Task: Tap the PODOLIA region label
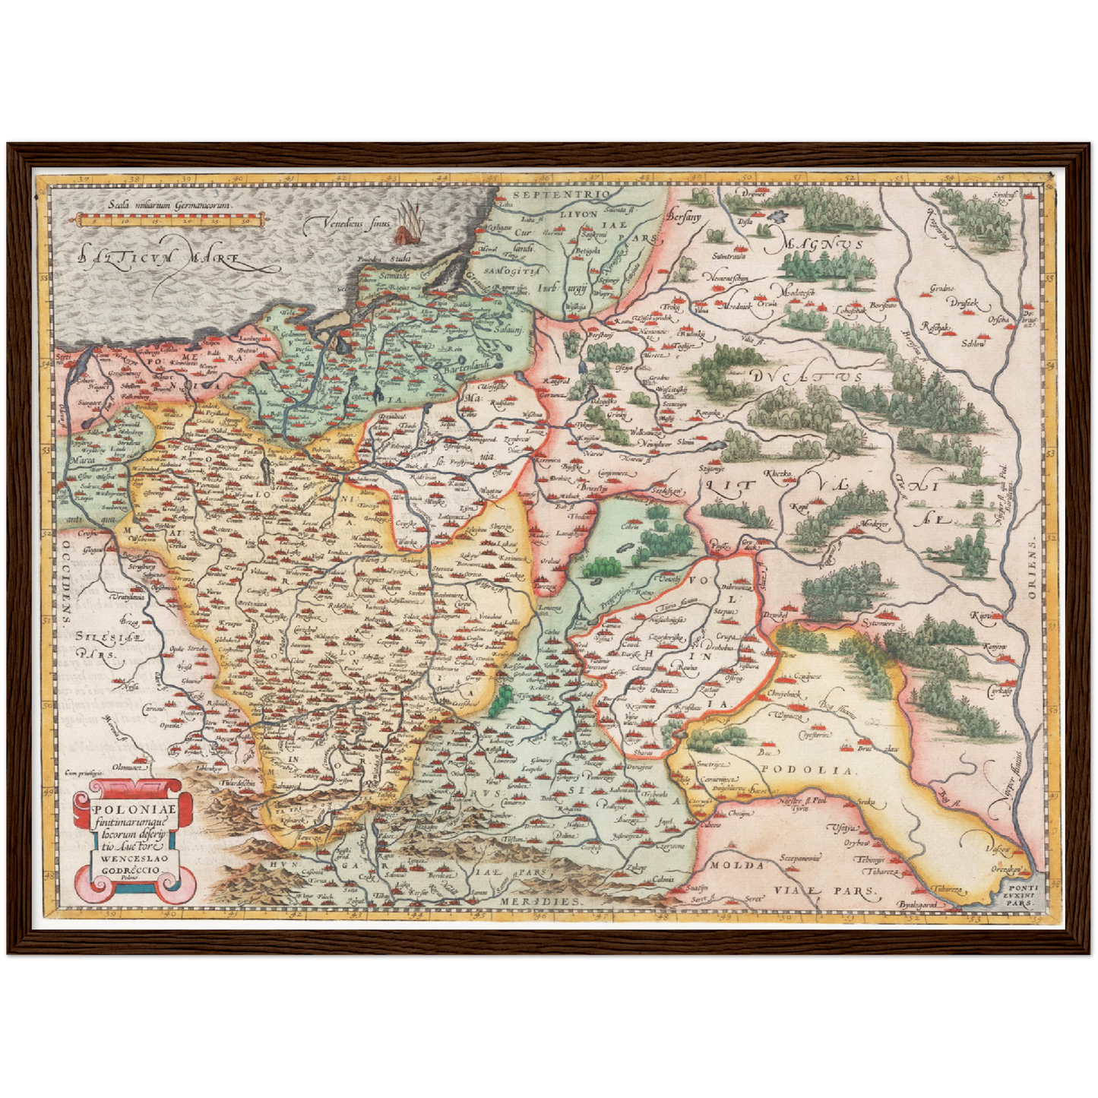805,769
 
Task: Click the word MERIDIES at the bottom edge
542,900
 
